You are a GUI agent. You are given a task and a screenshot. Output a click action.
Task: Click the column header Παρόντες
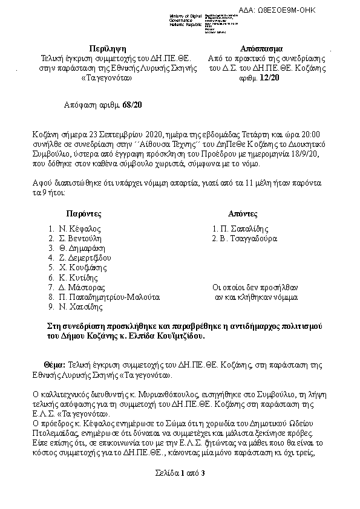(x=83, y=214)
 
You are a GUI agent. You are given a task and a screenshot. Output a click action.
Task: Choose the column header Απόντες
(x=243, y=214)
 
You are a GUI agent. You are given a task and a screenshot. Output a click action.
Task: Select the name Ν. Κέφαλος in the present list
(x=79, y=229)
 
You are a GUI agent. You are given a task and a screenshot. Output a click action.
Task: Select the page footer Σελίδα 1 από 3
(x=180, y=472)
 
